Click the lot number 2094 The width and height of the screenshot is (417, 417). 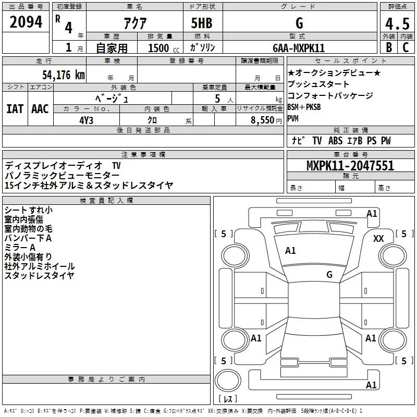pos(26,23)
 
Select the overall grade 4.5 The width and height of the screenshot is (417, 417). pos(396,24)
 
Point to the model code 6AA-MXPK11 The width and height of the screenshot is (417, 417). pos(299,48)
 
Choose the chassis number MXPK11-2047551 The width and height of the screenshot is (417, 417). pos(350,166)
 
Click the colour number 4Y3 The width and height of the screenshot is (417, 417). pos(86,119)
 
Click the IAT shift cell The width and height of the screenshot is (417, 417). pos(15,108)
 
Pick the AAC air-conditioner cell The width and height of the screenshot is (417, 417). pos(40,108)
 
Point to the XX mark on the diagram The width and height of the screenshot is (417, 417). pos(379,238)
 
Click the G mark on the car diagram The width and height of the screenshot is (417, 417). pos(329,275)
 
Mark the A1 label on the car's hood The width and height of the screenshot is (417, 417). pos(290,251)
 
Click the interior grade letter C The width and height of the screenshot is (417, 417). pos(406,47)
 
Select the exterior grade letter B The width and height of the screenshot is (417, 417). pos(388,47)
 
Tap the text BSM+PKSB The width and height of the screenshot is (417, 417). pos(304,107)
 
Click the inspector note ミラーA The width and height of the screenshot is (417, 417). pos(19,247)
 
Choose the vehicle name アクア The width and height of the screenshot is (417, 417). pos(134,24)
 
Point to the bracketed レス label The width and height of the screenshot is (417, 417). pos(228,400)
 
